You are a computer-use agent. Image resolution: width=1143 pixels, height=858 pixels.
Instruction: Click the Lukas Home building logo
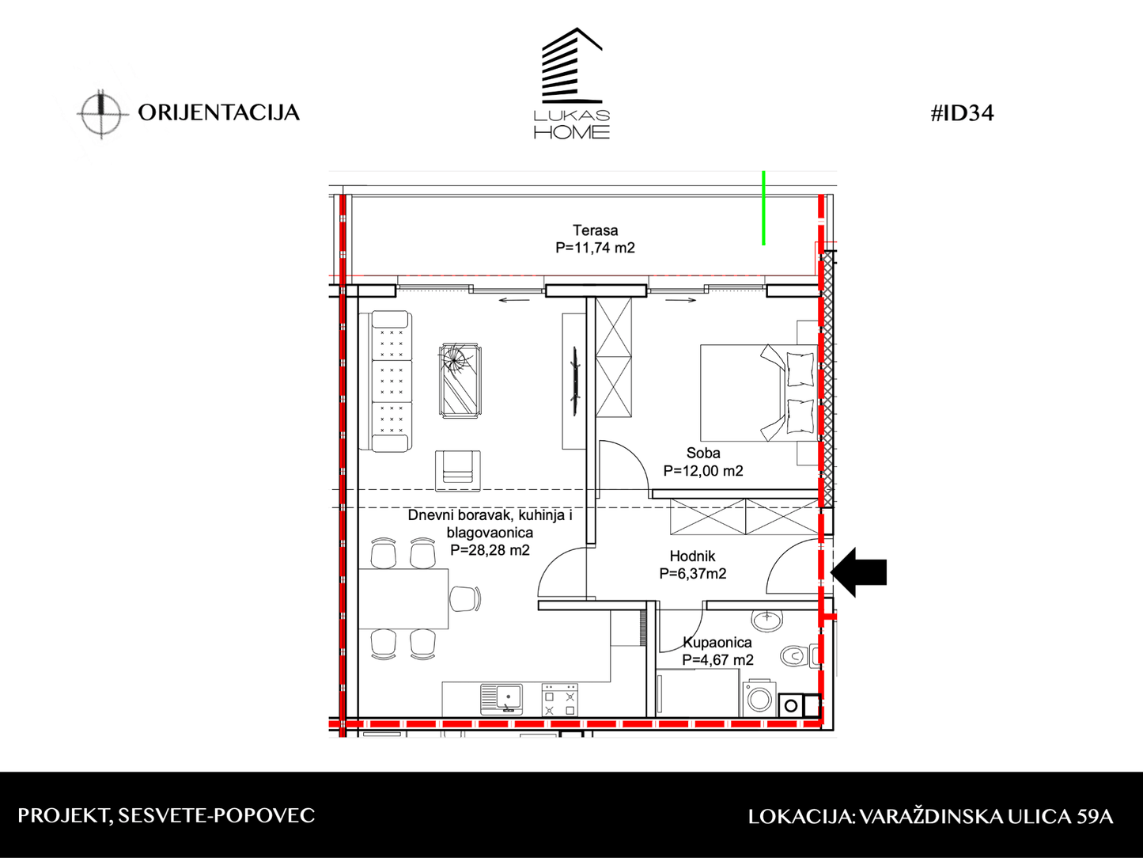(x=572, y=83)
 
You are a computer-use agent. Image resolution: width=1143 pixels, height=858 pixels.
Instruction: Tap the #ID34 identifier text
(x=962, y=113)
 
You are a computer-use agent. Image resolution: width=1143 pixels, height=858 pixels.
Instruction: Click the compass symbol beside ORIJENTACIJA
(x=102, y=114)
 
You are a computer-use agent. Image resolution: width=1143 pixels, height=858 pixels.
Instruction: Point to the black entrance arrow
(x=858, y=572)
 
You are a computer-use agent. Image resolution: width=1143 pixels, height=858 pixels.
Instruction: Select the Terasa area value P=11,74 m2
(x=595, y=248)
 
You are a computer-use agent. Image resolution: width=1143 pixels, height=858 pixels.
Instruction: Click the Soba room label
(x=703, y=453)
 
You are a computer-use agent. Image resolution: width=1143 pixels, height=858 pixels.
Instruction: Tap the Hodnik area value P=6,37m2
(x=693, y=574)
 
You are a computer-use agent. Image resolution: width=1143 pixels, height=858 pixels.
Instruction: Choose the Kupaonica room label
(x=717, y=643)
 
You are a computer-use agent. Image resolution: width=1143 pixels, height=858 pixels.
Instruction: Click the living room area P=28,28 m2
(x=490, y=550)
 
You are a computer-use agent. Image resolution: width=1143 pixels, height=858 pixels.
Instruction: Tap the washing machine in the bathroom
(x=759, y=698)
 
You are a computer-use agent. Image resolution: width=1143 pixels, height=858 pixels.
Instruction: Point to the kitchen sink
(x=501, y=700)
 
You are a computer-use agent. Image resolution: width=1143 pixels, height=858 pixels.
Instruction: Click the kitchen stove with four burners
(x=560, y=700)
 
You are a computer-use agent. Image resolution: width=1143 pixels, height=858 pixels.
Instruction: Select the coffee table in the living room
(x=460, y=380)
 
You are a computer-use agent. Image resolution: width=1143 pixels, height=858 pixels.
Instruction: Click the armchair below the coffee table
(x=458, y=471)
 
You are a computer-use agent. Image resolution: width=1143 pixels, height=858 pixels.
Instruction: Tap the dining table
(x=403, y=598)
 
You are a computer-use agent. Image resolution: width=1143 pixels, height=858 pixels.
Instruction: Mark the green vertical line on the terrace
(x=763, y=208)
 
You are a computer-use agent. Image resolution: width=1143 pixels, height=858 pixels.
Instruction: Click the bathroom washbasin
(x=767, y=621)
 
